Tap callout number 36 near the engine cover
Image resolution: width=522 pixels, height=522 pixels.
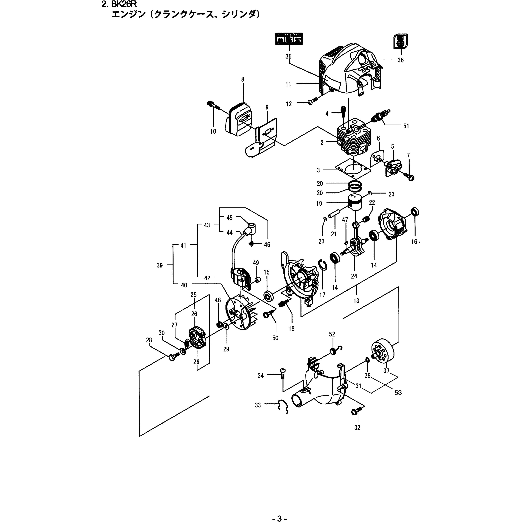400,60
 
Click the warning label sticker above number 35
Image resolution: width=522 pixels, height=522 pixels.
289,39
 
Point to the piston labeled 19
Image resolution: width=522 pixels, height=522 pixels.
356,203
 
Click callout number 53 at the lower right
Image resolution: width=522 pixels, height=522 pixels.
398,393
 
